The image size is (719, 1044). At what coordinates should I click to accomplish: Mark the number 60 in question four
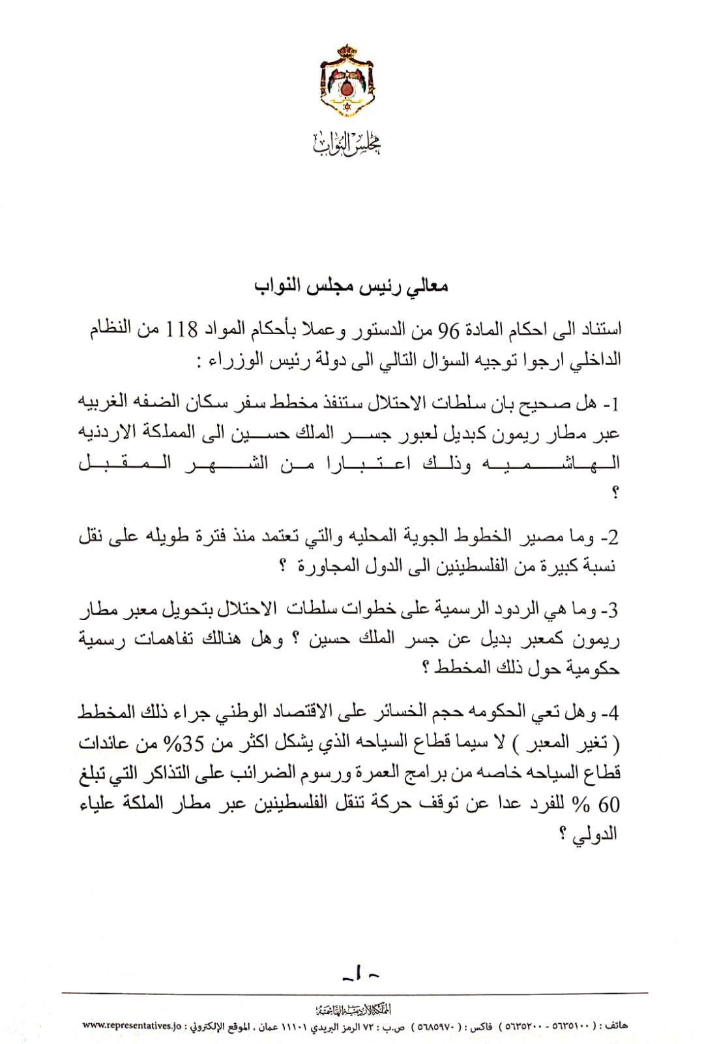coord(609,805)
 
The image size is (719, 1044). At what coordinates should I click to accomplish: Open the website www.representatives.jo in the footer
coord(132,1025)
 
